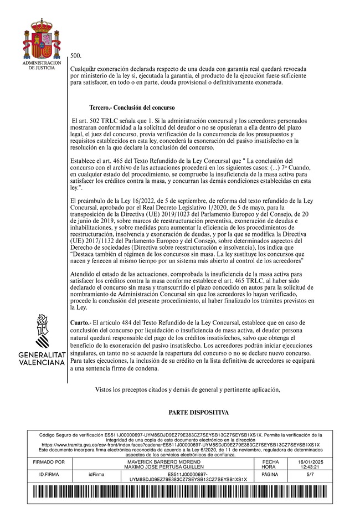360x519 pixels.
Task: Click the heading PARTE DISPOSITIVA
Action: (x=198, y=413)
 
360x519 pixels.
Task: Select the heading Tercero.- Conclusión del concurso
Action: (x=132, y=107)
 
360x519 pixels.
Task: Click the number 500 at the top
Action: (x=76, y=56)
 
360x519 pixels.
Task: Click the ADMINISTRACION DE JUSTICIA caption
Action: (x=38, y=65)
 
